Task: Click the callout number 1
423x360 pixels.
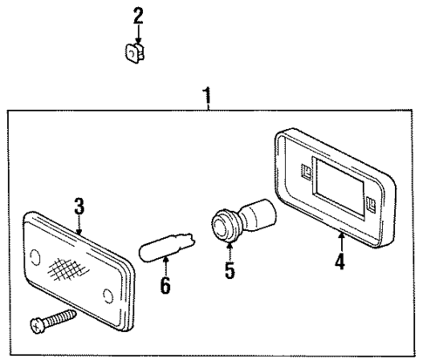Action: click(207, 96)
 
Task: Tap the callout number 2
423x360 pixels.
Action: click(139, 16)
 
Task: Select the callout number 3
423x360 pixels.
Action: click(78, 206)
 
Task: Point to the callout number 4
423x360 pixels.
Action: click(340, 262)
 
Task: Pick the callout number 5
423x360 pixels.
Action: click(229, 270)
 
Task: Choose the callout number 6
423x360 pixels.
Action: click(166, 285)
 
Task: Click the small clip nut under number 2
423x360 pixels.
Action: click(134, 53)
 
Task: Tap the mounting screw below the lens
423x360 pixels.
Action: click(53, 322)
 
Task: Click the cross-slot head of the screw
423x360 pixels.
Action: click(37, 326)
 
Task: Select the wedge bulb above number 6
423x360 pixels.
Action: click(167, 248)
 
